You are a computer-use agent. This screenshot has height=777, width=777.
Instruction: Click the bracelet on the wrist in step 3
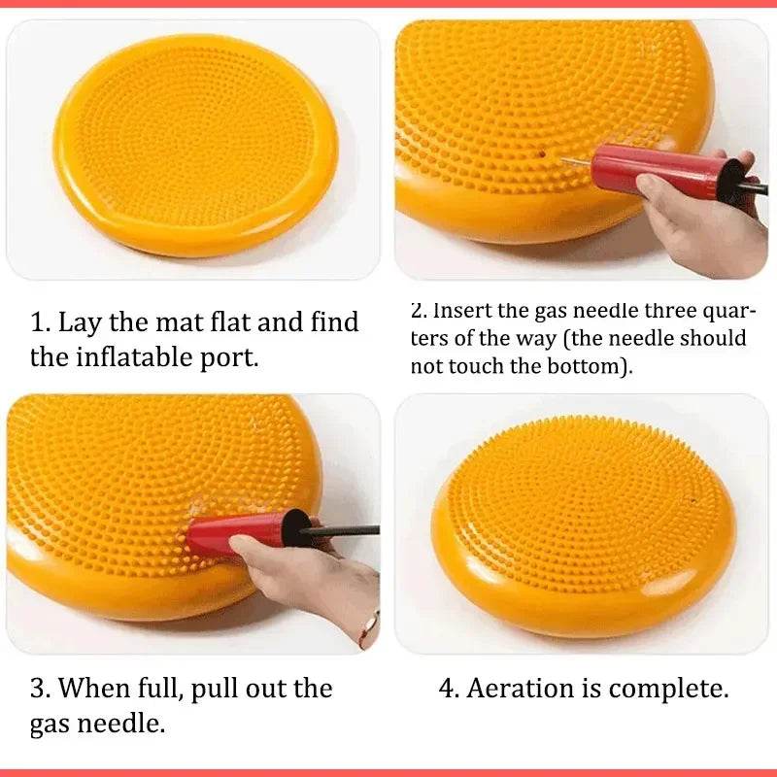tap(368, 626)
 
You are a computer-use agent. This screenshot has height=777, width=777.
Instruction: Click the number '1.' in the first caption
tap(40, 321)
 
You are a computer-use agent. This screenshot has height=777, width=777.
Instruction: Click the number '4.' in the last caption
tap(449, 689)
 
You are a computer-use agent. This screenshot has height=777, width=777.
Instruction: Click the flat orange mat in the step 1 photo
tap(194, 146)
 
